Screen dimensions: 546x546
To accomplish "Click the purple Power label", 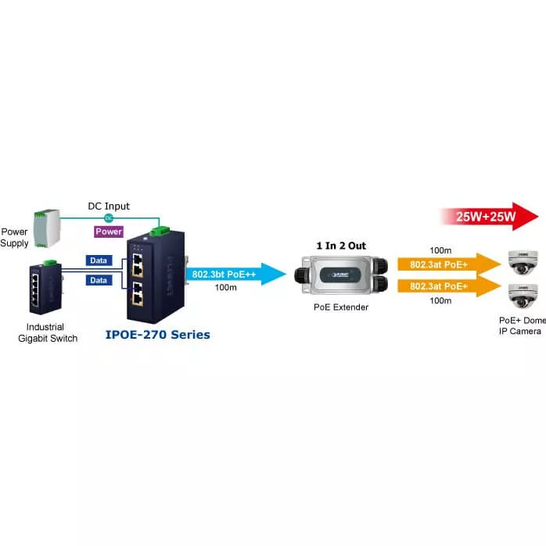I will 108,232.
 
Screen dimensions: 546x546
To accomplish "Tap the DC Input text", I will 108,207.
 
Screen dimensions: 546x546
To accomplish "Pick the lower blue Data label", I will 99,280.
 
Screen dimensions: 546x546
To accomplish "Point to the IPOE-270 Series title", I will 157,335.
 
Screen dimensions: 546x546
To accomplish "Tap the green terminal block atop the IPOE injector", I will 163,229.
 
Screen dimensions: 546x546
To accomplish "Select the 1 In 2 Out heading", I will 340,246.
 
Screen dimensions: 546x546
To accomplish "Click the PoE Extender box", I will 340,275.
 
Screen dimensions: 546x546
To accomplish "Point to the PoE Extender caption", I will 340,307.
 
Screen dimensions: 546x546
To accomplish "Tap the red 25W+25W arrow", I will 489,216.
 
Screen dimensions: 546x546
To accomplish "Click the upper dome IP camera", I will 522,260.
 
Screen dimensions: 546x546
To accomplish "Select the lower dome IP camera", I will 522,295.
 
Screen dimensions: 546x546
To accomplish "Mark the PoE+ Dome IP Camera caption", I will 522,325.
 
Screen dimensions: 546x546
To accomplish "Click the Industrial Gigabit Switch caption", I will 47,332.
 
